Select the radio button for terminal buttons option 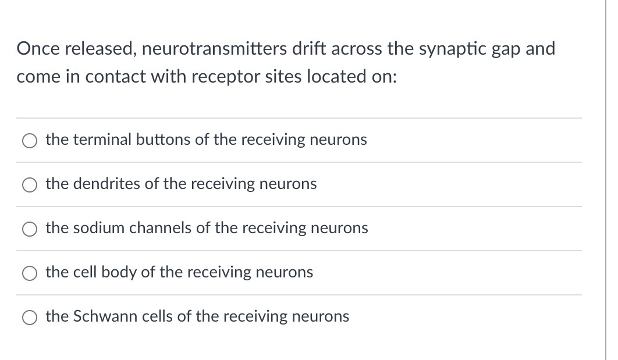(x=30, y=140)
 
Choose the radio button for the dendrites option (x=30, y=184)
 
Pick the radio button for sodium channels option (x=30, y=229)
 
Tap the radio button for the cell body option (x=30, y=273)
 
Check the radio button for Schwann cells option (x=30, y=317)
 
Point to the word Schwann (x=99, y=316)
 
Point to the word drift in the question (x=310, y=49)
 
